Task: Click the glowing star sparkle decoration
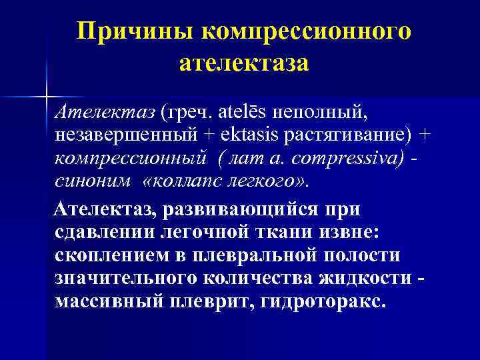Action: [x=47, y=95]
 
